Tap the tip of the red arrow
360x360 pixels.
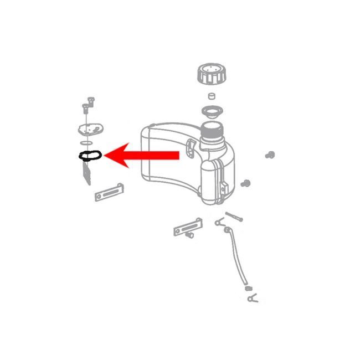(105, 156)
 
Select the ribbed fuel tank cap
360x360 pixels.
(211, 75)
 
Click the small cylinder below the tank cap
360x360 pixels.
(210, 96)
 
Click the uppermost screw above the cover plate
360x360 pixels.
(91, 101)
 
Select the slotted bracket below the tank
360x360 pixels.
(188, 228)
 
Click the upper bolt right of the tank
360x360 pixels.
(271, 155)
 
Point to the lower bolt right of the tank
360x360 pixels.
(248, 182)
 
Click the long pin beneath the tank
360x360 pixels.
(234, 217)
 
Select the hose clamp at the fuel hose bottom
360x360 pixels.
(251, 299)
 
